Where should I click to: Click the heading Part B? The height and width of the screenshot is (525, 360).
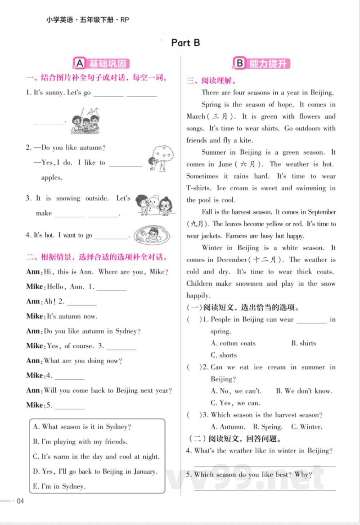[185, 43]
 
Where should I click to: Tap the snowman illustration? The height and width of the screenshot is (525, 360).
[153, 206]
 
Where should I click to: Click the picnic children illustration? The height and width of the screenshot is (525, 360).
[85, 121]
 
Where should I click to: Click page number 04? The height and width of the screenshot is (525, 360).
[20, 502]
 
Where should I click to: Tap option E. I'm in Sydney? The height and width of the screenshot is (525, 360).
[59, 486]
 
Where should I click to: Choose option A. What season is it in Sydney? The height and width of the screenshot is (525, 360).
[82, 427]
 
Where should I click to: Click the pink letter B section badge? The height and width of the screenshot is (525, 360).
[239, 63]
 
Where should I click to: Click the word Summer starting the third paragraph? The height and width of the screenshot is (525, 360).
[213, 153]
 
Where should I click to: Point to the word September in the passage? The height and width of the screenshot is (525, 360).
[319, 212]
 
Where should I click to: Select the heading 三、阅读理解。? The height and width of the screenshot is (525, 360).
[212, 81]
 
